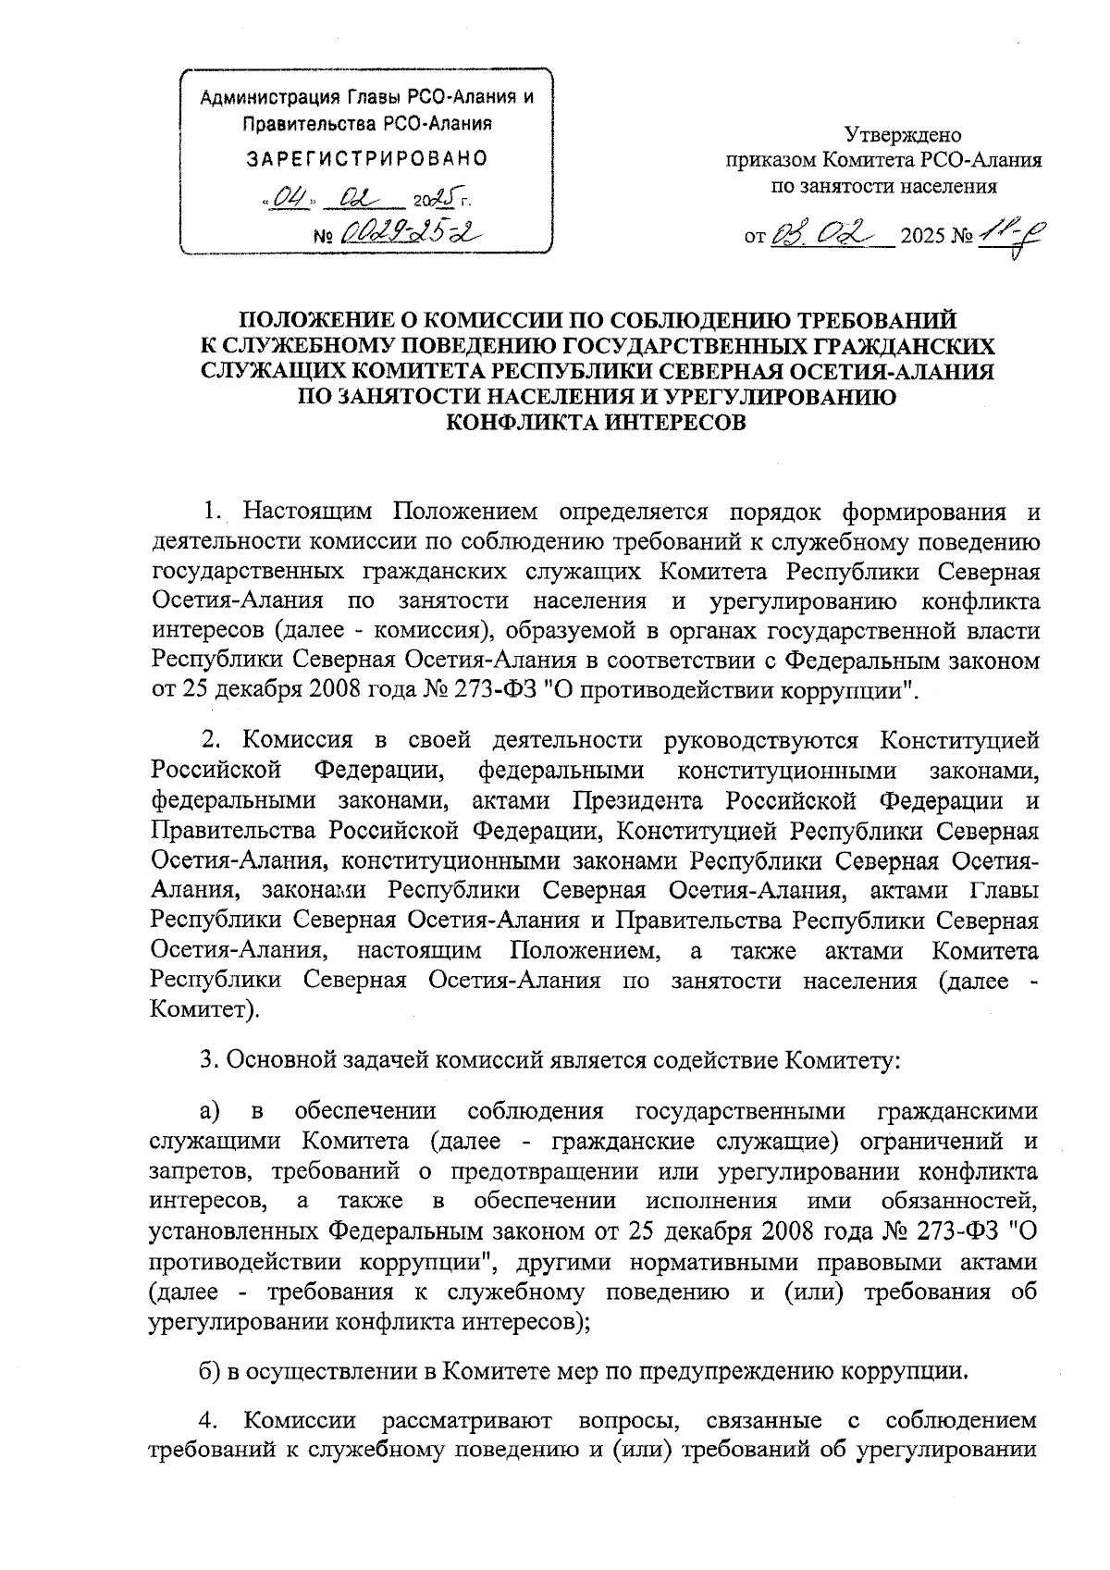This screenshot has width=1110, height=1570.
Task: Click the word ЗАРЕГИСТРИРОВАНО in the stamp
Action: click(x=366, y=158)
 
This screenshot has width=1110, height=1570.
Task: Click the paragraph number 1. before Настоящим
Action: click(x=213, y=512)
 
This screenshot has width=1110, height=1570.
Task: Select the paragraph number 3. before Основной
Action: click(x=209, y=1059)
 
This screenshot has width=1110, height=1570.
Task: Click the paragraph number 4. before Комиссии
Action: click(x=208, y=1419)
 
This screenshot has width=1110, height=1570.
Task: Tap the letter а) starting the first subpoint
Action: click(x=208, y=1111)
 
